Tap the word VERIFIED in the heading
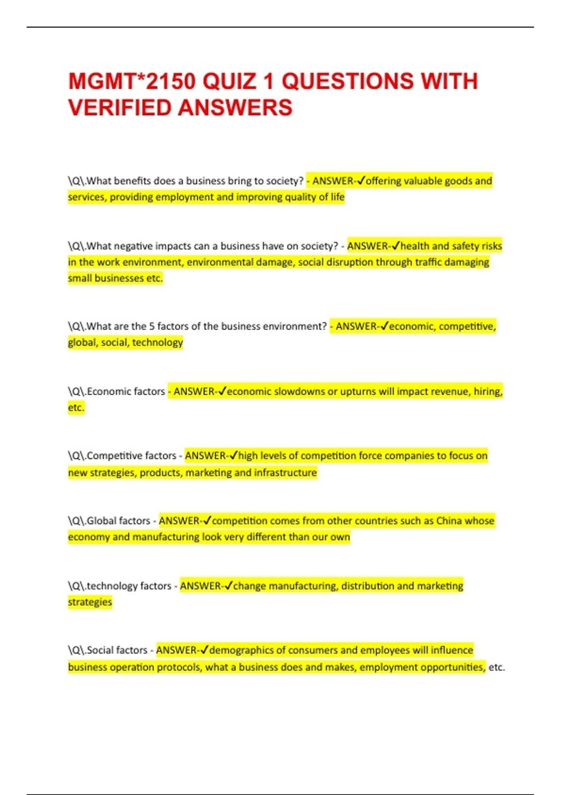coord(120,108)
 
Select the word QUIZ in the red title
coord(230,81)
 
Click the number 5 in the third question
coord(151,326)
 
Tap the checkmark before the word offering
coord(360,181)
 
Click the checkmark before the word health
coord(396,246)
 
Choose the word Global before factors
coord(101,520)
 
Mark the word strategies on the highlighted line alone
coord(90,602)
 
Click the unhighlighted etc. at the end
coord(496,667)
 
